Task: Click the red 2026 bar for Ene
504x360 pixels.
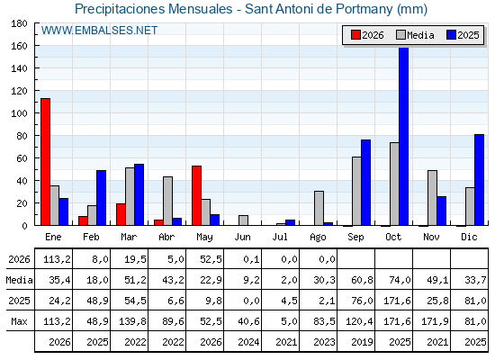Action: point(45,162)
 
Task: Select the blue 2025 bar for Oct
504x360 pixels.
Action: point(404,136)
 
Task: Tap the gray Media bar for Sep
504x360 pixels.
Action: point(356,191)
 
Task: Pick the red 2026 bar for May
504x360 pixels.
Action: point(196,195)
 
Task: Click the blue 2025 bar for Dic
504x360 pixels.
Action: point(479,180)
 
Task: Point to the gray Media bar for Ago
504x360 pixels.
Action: point(319,208)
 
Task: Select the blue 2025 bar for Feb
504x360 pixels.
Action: point(101,198)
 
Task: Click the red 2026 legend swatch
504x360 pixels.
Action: point(355,35)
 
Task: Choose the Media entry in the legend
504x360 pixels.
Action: point(415,35)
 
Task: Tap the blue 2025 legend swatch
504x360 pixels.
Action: point(451,35)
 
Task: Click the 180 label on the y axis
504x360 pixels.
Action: point(19,23)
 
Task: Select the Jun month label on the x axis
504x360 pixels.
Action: point(242,237)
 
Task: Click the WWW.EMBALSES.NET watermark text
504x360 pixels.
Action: point(99,31)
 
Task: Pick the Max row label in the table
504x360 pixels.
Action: point(19,321)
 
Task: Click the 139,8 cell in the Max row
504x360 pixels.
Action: point(132,321)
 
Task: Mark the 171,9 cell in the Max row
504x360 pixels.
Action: point(435,321)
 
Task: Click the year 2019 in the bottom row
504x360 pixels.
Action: point(362,342)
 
